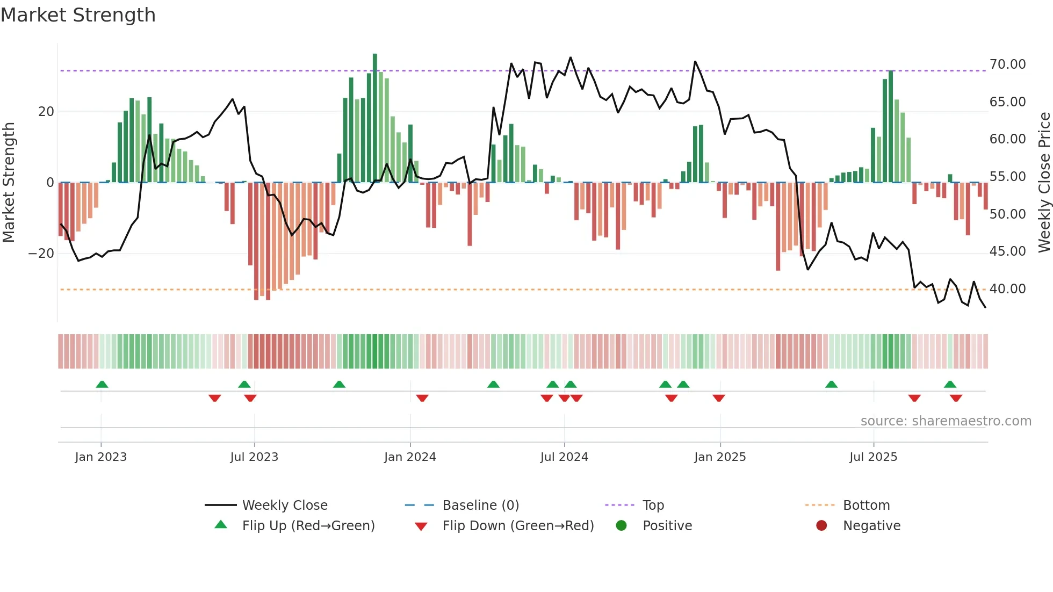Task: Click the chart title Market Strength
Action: click(78, 15)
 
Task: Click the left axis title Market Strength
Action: click(9, 182)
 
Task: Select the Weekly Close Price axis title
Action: click(1044, 182)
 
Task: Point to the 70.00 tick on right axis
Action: click(1007, 64)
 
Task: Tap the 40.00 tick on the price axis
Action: click(1007, 289)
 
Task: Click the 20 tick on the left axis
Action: click(46, 112)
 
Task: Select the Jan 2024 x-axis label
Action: click(410, 457)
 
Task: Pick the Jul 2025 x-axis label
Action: click(873, 457)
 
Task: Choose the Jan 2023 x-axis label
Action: click(101, 457)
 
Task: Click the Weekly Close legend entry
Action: click(284, 506)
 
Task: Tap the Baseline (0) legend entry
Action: click(480, 506)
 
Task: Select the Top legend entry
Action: click(653, 506)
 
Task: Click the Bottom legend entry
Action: click(866, 506)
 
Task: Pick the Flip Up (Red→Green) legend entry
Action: click(308, 526)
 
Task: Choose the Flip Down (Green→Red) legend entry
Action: click(518, 526)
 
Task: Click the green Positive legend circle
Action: click(622, 526)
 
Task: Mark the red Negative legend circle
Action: click(821, 526)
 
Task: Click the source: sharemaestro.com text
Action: click(946, 421)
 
